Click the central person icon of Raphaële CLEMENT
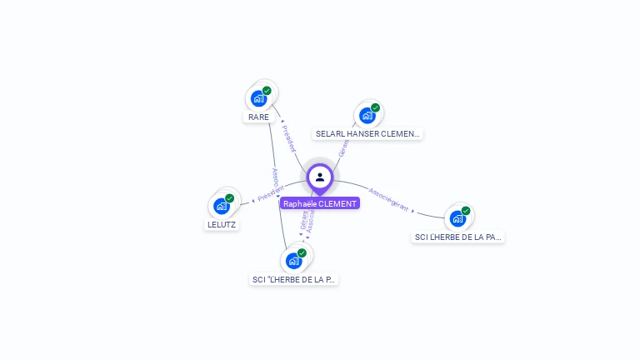click(320, 177)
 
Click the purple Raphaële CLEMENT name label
click(320, 203)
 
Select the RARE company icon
click(258, 98)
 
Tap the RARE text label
click(259, 117)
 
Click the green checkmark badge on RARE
click(267, 91)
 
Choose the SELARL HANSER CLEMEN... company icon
click(367, 115)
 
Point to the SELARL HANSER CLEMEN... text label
click(368, 133)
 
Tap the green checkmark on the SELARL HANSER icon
click(375, 107)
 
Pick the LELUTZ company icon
click(222, 206)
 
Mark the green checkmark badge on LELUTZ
click(229, 198)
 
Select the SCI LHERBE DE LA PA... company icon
click(457, 218)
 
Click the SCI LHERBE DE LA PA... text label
click(458, 237)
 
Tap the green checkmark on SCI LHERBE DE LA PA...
click(466, 211)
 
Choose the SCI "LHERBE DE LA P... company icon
click(293, 260)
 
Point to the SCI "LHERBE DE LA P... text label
click(295, 280)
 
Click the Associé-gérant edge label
click(389, 197)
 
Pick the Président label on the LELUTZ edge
click(271, 193)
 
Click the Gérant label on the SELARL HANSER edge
click(342, 147)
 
